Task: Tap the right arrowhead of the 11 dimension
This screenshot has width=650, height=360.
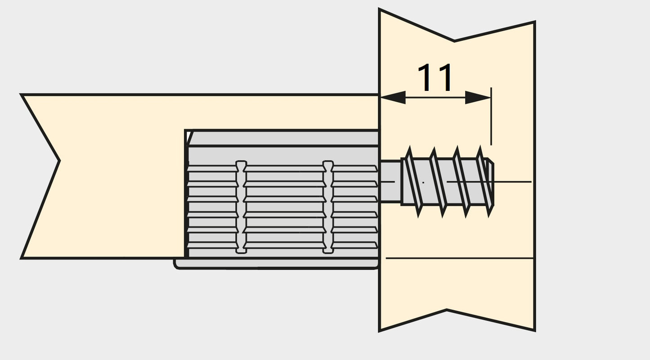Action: point(478,97)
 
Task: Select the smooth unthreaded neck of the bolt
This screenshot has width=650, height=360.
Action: point(390,181)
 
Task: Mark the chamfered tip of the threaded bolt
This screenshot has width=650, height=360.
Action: point(491,182)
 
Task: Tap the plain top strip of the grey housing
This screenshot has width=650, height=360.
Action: point(283,138)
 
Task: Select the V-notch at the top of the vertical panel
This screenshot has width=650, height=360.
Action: point(454,40)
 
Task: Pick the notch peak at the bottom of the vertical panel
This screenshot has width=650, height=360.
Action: point(447,310)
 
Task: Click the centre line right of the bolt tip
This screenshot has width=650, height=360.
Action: point(513,182)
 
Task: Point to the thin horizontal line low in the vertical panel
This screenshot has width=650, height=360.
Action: point(459,258)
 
